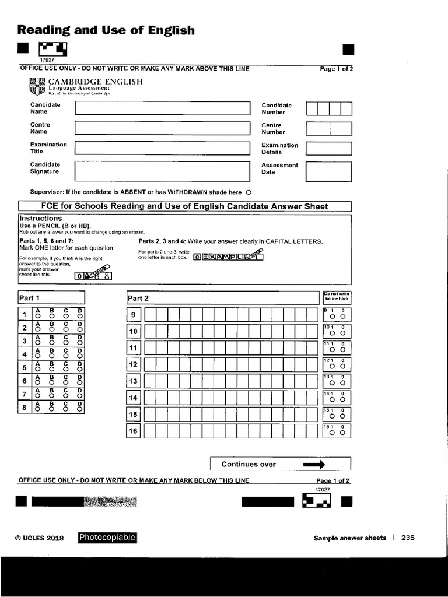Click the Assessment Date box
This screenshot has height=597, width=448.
(328, 171)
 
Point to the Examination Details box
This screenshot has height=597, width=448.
(328, 148)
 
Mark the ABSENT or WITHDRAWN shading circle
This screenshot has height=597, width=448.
(249, 192)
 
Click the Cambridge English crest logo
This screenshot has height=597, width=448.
(37, 86)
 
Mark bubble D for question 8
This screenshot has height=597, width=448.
(80, 409)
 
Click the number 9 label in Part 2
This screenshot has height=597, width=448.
(134, 315)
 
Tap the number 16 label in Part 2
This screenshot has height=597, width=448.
(134, 431)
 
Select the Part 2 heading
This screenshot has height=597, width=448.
(138, 298)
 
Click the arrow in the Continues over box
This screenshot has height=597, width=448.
(313, 464)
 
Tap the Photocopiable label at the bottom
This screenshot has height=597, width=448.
(107, 538)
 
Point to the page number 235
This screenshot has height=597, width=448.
(407, 538)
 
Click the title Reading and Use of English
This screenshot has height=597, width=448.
(106, 30)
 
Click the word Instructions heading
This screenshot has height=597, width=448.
(41, 218)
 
